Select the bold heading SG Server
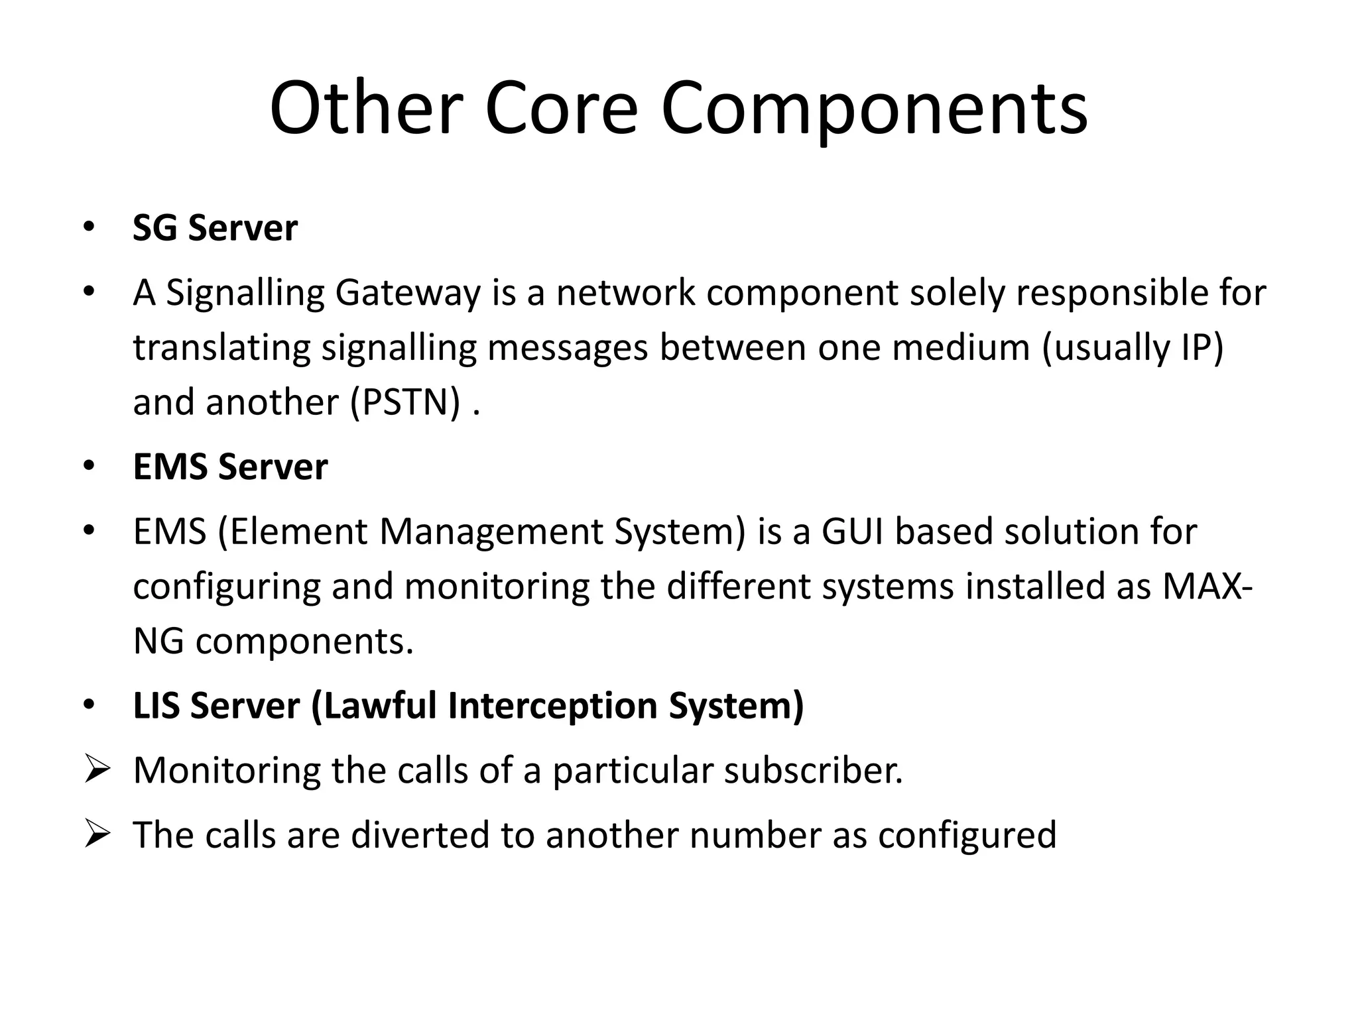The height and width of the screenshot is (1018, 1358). pos(215,228)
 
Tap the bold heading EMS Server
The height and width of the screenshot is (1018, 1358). pos(230,467)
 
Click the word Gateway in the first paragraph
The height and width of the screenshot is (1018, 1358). pos(407,293)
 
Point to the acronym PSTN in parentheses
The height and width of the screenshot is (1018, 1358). pos(405,402)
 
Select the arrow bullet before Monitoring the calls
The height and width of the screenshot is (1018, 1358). pos(96,770)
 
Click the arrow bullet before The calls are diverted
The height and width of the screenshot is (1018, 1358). pos(96,835)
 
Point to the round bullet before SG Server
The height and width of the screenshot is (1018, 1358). pos(89,228)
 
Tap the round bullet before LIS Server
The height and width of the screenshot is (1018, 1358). pos(89,705)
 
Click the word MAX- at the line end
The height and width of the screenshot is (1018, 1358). pos(1207,587)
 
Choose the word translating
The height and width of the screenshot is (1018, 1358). pos(221,348)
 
